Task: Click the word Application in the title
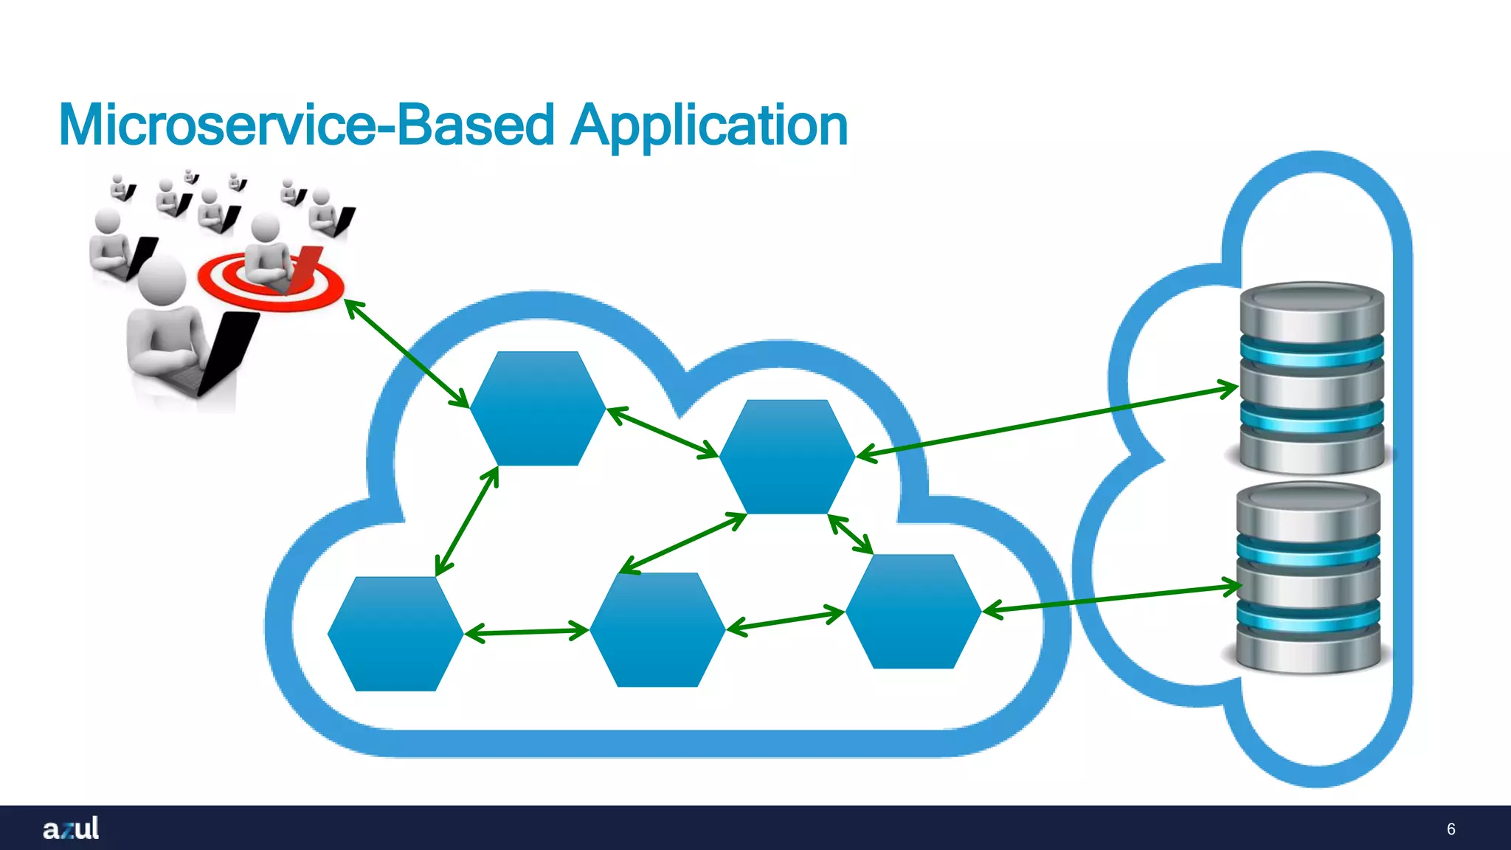tap(710, 125)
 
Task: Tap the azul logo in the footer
tap(71, 828)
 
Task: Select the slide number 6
tap(1451, 829)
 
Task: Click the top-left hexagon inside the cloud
tap(537, 408)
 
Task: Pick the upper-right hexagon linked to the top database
tap(786, 456)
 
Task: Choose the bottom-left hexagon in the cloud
tap(395, 633)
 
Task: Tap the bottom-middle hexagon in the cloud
tap(657, 629)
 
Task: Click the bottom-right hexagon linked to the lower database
tap(913, 611)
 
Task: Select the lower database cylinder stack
tap(1308, 577)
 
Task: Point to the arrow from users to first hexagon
tap(407, 353)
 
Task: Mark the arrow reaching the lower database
tap(1113, 598)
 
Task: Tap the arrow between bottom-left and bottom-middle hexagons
tap(526, 632)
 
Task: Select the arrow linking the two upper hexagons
tap(662, 432)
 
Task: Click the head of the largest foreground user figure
tap(161, 278)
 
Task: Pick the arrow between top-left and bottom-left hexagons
tap(467, 521)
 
